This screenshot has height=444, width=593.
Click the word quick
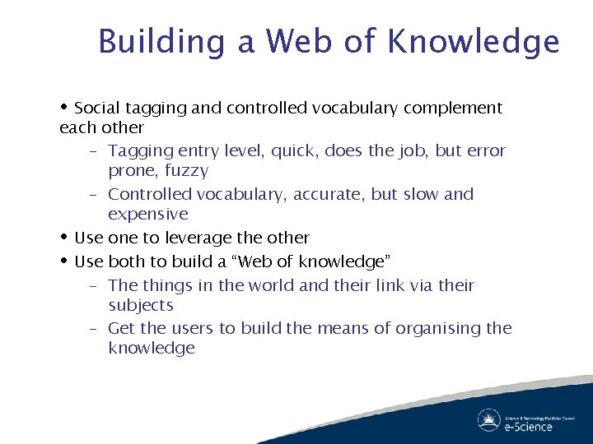point(293,151)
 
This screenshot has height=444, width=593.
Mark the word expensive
point(148,215)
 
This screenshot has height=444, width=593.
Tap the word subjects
point(141,306)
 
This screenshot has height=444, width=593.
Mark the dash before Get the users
point(94,329)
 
